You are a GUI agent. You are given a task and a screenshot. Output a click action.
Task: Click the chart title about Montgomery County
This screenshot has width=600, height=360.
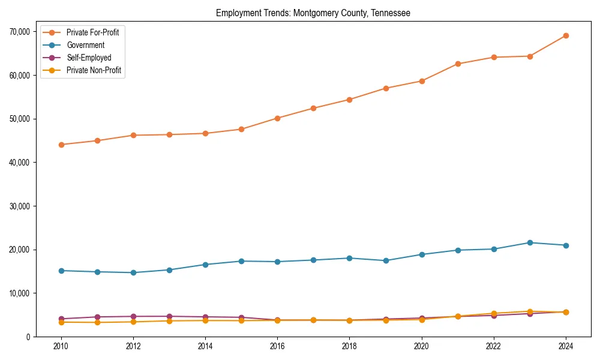[313, 13]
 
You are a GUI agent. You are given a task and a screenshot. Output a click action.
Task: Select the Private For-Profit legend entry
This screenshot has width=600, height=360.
[92, 32]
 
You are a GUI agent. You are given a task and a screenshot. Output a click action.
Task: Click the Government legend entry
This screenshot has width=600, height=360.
[85, 45]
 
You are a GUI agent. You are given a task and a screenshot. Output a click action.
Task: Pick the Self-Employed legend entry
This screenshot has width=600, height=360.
[89, 58]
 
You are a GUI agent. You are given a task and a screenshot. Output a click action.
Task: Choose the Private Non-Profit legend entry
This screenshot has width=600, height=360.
[94, 70]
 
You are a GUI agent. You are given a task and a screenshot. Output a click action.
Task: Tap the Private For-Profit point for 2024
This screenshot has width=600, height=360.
[566, 35]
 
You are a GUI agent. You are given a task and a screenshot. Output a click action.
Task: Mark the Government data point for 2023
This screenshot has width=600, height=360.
[530, 242]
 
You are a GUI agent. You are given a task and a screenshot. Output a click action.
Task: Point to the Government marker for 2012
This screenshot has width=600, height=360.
[133, 272]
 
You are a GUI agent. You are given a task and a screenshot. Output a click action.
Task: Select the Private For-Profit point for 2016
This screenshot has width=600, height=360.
[277, 118]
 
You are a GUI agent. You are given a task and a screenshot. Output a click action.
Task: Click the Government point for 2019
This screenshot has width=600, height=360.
[386, 260]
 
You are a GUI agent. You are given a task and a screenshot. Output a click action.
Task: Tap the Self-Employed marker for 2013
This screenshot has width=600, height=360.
[169, 316]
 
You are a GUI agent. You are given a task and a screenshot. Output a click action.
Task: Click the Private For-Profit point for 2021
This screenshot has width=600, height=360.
[458, 64]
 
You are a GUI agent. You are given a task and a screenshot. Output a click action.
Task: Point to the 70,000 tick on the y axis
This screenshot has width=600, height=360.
[20, 32]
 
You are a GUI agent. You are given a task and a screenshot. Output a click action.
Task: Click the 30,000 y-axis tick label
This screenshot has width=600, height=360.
[20, 206]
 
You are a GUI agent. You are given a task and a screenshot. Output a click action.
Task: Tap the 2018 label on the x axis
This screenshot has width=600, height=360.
[349, 346]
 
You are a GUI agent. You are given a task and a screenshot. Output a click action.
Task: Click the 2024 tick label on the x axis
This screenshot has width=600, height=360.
[566, 346]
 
